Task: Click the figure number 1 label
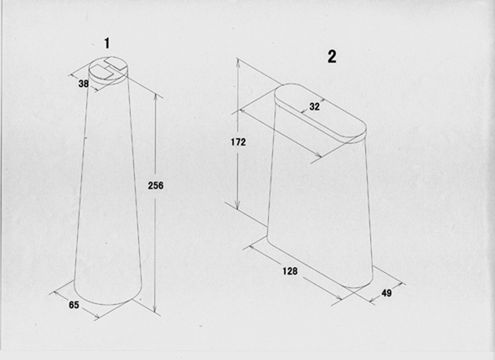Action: tap(107, 44)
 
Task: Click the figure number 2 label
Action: tap(332, 57)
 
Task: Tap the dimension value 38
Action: tap(84, 84)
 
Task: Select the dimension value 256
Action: tap(156, 186)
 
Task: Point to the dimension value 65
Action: tap(74, 305)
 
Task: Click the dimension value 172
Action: tap(238, 142)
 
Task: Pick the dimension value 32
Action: tap(314, 106)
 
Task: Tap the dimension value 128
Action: tap(290, 271)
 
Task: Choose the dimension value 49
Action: tap(386, 293)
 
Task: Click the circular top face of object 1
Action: tap(109, 70)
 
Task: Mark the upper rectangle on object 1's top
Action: tap(116, 64)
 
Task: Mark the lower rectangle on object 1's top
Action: tap(102, 72)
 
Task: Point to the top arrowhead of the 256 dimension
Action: tap(155, 96)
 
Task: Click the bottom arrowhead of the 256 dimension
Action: tap(155, 309)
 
